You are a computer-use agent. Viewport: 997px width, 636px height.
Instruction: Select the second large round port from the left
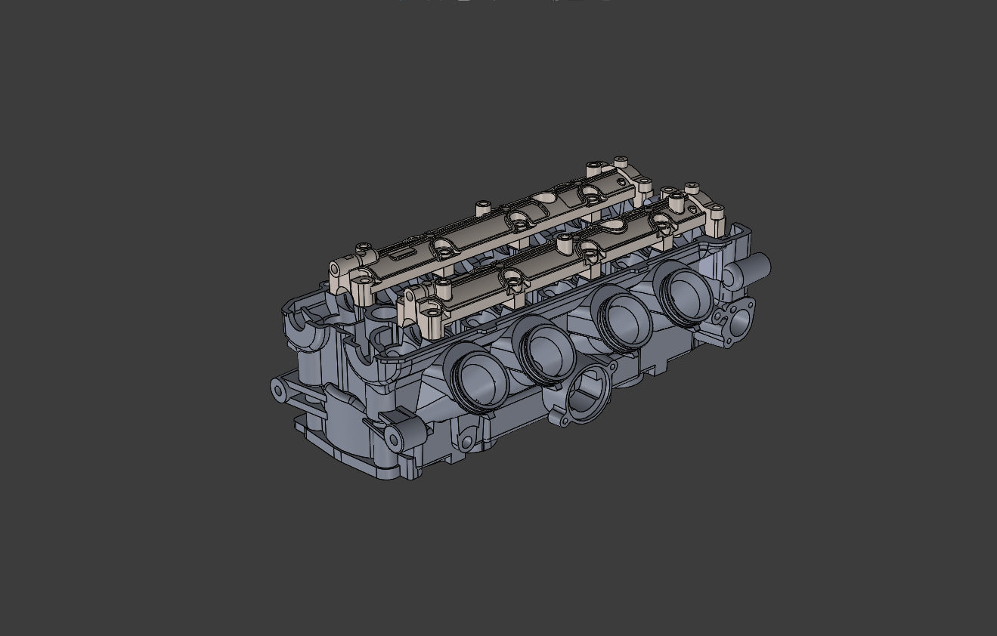click(546, 348)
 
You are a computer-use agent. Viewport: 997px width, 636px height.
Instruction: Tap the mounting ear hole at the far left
click(278, 390)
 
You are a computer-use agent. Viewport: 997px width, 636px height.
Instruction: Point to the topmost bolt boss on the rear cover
click(621, 162)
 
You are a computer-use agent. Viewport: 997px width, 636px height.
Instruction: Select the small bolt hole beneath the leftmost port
click(466, 442)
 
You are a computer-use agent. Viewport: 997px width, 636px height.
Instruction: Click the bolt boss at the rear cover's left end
click(364, 247)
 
